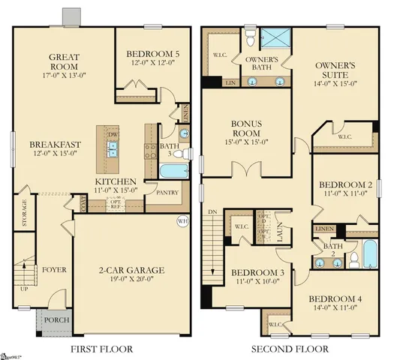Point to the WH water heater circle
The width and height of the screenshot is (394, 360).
tap(182, 221)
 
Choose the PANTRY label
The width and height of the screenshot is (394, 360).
tap(166, 192)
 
